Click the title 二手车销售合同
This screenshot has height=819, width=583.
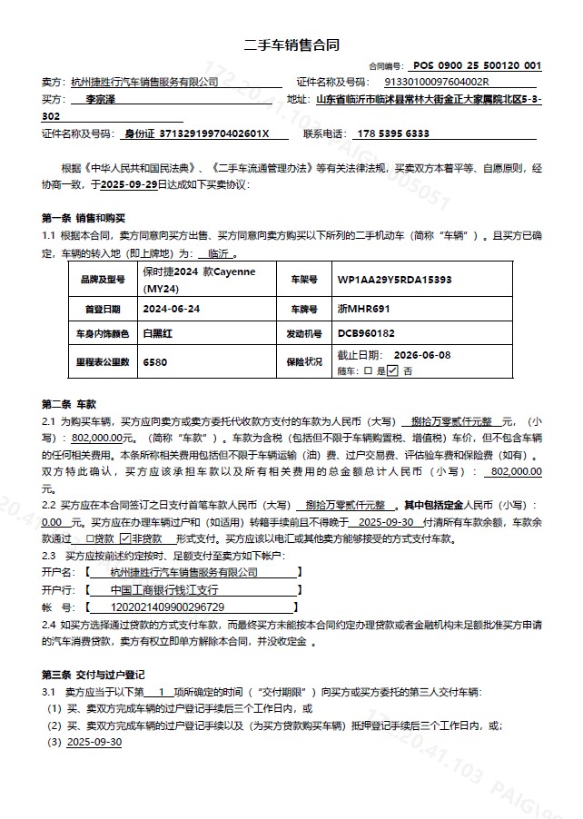(292, 44)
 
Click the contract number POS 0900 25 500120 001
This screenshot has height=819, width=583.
(477, 65)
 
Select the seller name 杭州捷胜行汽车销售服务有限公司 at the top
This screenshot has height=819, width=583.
(144, 82)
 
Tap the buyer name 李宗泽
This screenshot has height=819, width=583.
(102, 99)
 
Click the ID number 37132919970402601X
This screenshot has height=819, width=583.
(214, 133)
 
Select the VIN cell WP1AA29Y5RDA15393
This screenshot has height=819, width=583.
(394, 280)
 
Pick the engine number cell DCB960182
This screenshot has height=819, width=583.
(366, 333)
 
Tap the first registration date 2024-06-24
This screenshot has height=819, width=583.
(172, 308)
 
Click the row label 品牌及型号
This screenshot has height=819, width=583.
(102, 280)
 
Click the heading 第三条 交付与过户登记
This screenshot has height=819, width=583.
(94, 675)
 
